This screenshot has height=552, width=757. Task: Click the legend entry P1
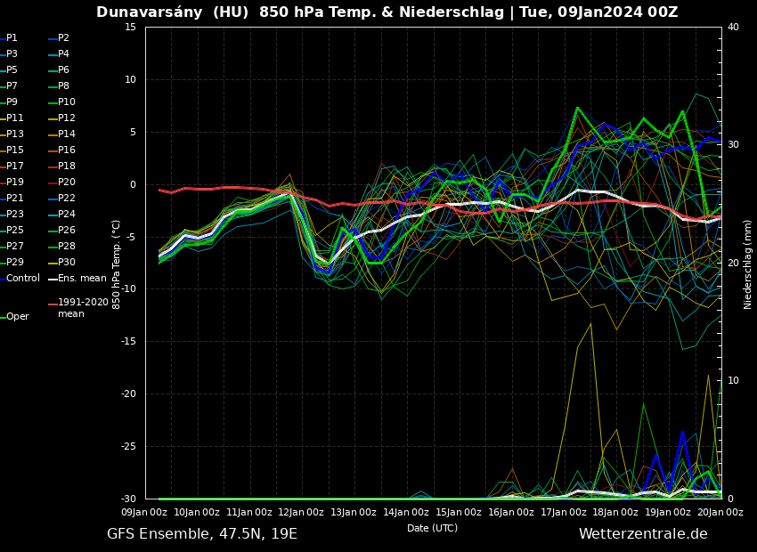tap(12, 38)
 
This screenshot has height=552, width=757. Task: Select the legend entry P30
tap(66, 263)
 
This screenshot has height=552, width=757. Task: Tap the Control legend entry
tap(22, 279)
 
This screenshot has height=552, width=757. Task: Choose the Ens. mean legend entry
tap(81, 279)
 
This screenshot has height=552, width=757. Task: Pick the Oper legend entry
tap(17, 317)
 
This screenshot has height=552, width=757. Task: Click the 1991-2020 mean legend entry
tap(83, 308)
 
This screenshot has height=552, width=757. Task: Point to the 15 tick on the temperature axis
tap(130, 28)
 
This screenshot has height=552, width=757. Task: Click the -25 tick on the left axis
tap(128, 447)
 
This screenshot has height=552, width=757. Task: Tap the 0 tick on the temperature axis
tap(132, 185)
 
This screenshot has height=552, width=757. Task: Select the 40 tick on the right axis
tap(733, 28)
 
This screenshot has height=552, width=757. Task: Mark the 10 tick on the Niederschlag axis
tap(733, 381)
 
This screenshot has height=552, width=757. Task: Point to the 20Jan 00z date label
tap(720, 512)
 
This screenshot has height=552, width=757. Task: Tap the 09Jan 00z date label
tap(145, 512)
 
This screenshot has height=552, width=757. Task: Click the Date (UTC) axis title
tap(432, 528)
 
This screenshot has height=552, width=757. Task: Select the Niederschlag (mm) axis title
tap(748, 264)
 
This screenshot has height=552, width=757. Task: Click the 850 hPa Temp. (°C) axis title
tap(117, 264)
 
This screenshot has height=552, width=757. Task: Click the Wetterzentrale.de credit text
tap(643, 534)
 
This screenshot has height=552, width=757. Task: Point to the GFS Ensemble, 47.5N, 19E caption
tap(202, 534)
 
